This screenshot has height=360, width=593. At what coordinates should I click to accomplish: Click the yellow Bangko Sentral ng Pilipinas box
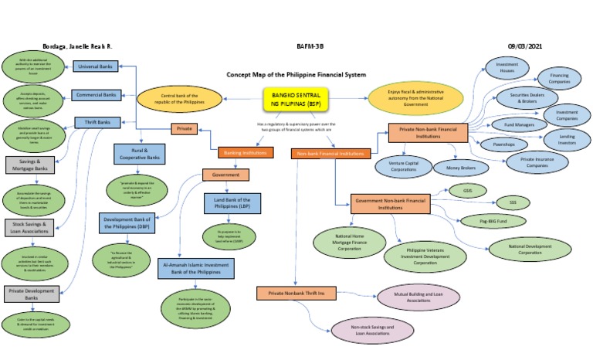coord(293,99)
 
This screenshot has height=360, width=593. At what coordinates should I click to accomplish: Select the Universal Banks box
coord(96,67)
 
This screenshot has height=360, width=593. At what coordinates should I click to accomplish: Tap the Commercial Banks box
coord(96,95)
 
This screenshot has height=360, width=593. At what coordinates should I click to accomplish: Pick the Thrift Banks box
coord(96,122)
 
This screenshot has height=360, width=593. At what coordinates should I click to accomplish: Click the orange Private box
coord(185,129)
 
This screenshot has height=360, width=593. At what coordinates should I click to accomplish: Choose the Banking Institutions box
coord(240,153)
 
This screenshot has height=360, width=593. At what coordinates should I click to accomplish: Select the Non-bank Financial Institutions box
coord(331,154)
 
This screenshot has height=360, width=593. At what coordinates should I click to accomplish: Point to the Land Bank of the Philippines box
coord(232,203)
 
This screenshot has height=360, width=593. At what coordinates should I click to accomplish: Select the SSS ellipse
coord(507,204)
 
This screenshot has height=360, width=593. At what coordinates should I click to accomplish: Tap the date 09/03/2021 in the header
coord(526,46)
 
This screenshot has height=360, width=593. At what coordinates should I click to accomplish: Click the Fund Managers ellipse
coord(509,124)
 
